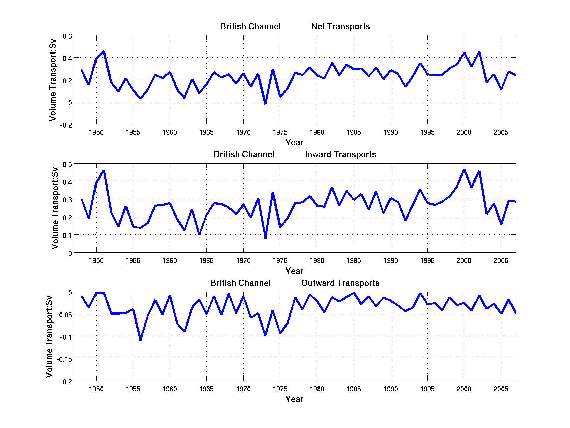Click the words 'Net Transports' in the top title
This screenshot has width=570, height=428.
340,27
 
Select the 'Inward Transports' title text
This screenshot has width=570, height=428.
340,155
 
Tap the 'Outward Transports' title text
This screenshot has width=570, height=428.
340,283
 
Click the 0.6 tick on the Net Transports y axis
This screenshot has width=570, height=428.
67,36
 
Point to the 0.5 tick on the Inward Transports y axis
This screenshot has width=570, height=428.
67,165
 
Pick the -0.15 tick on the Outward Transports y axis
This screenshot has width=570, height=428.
65,359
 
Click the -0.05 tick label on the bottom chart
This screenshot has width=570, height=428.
65,315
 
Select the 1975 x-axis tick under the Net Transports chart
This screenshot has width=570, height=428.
280,133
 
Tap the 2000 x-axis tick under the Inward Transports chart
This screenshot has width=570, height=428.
464,261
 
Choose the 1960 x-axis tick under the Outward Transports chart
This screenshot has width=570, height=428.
170,389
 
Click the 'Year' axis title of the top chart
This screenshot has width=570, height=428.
294,143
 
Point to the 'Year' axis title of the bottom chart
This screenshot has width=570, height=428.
294,399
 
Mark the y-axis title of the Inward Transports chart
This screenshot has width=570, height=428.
55,208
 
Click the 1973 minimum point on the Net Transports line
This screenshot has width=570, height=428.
265,104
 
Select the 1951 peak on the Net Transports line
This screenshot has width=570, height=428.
104,51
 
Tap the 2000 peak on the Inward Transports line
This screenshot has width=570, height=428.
464,169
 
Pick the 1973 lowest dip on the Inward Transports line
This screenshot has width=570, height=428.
265,238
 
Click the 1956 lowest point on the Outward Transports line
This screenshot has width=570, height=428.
140,340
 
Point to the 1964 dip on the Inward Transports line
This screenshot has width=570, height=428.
199,234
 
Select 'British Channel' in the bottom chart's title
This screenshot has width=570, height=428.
240,283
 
